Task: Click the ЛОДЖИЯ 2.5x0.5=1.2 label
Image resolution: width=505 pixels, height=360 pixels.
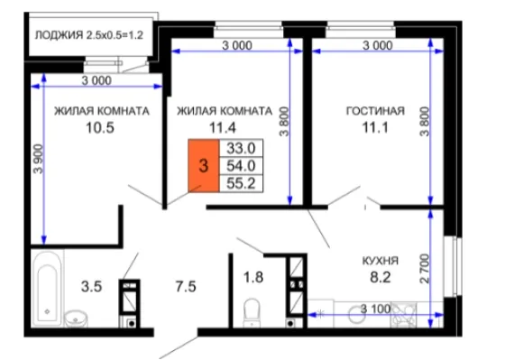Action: click(x=89, y=35)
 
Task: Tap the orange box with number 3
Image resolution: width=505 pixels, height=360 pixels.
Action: click(x=204, y=166)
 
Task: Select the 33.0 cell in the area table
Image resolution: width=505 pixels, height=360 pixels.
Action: click(x=241, y=149)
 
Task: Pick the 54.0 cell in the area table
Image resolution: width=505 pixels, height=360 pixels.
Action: click(x=241, y=166)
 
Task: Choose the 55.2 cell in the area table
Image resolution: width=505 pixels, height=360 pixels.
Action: click(x=241, y=183)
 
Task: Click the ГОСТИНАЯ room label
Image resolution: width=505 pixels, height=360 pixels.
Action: click(x=375, y=111)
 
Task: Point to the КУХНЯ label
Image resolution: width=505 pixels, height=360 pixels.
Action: click(x=381, y=261)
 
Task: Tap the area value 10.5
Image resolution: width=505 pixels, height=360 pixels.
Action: click(x=100, y=127)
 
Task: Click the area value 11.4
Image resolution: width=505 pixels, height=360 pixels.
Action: click(x=223, y=127)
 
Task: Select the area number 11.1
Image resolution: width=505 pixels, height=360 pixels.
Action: click(x=375, y=127)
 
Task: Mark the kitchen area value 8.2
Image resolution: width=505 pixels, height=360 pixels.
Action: click(x=381, y=277)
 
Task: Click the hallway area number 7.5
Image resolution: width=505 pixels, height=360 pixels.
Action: click(x=186, y=287)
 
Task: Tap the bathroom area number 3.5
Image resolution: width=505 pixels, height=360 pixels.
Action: click(x=91, y=287)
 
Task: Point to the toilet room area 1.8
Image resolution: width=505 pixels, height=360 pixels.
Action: click(x=253, y=277)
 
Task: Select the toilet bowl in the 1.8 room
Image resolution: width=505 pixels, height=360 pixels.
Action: click(x=252, y=312)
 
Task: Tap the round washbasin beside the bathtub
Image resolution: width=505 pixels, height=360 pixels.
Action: click(x=76, y=319)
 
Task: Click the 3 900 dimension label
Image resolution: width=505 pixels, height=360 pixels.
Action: click(x=38, y=159)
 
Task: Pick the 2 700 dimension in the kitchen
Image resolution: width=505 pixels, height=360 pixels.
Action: click(x=425, y=269)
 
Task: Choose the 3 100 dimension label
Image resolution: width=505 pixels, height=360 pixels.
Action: click(x=375, y=309)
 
